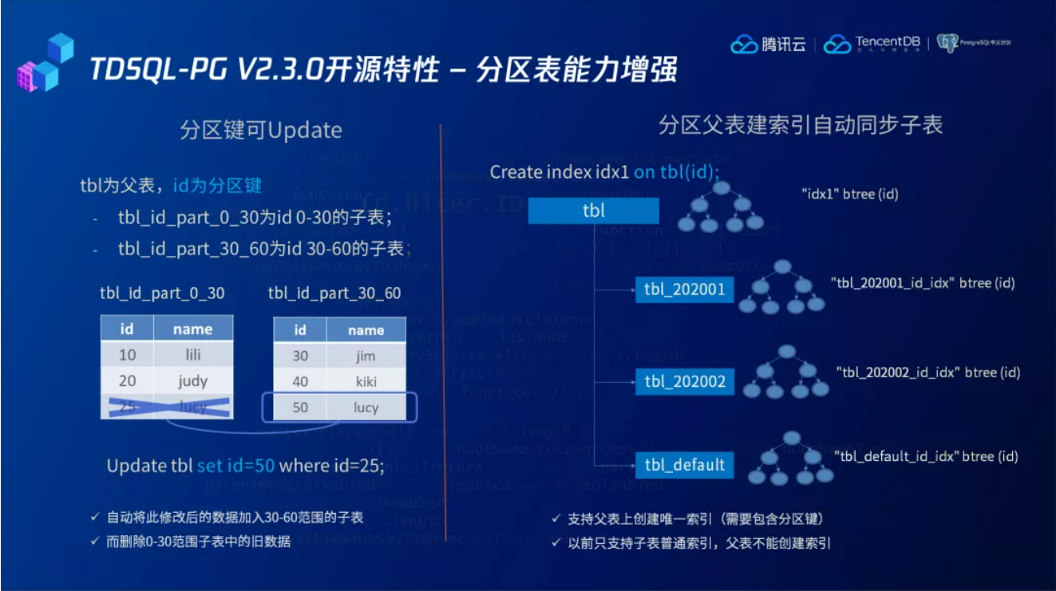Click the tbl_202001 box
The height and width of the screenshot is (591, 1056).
684,289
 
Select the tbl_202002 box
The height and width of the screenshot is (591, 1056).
684,381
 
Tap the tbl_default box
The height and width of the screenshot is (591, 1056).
684,464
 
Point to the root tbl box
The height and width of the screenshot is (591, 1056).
594,211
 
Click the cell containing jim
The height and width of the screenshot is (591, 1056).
366,356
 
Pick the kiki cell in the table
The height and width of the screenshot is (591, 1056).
366,381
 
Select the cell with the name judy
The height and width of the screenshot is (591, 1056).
192,380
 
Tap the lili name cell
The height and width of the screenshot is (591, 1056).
192,354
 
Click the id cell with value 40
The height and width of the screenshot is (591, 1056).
300,381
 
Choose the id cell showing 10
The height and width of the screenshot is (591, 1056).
127,354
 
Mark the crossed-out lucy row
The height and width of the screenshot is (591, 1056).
167,407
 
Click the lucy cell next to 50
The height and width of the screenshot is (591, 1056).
366,408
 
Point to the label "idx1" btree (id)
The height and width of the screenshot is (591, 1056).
849,194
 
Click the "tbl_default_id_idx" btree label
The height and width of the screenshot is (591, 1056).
926,456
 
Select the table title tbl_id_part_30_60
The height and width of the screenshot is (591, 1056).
334,294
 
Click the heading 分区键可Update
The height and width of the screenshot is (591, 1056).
261,130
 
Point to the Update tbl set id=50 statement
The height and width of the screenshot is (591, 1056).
245,465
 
